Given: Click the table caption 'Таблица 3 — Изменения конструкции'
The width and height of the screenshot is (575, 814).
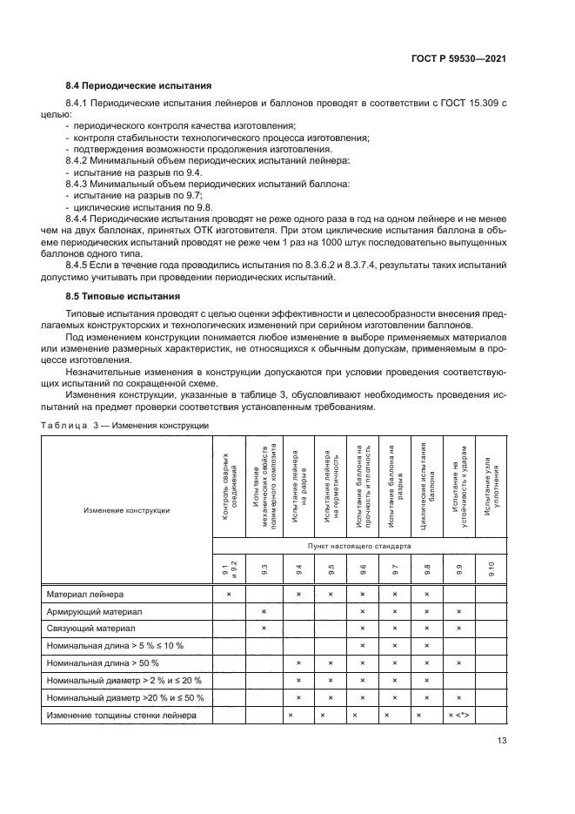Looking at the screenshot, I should (x=125, y=425).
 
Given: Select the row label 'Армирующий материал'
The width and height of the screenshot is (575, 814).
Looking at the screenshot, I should (x=93, y=612).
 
